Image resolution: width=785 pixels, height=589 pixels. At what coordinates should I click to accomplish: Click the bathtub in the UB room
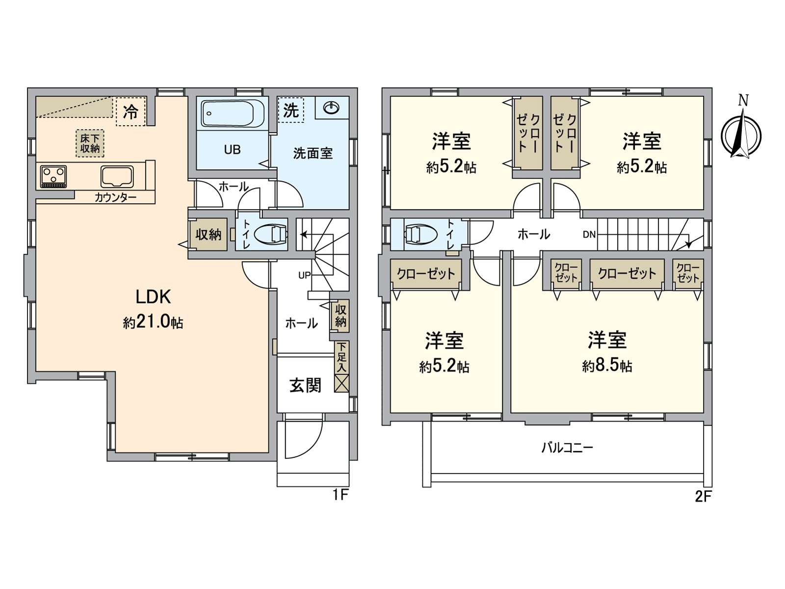pyautogui.click(x=233, y=114)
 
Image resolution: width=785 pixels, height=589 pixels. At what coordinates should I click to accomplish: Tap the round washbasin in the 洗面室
pyautogui.click(x=332, y=107)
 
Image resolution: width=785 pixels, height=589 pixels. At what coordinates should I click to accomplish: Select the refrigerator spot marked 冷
pyautogui.click(x=131, y=111)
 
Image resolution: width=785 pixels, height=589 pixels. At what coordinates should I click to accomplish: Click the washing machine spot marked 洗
pyautogui.click(x=291, y=110)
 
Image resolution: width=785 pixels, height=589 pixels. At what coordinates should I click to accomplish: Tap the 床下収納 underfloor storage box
pyautogui.click(x=90, y=143)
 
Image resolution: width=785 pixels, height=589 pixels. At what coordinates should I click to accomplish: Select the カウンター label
pyautogui.click(x=115, y=198)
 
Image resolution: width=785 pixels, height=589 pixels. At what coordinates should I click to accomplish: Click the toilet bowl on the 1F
pyautogui.click(x=270, y=235)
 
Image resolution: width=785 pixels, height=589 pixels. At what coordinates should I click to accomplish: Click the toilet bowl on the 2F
pyautogui.click(x=420, y=234)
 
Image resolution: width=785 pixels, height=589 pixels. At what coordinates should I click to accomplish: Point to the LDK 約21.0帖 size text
pyautogui.click(x=153, y=322)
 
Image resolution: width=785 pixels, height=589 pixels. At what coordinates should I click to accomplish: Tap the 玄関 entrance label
pyautogui.click(x=305, y=385)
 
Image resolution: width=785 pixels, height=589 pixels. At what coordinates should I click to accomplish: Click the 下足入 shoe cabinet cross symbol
pyautogui.click(x=341, y=383)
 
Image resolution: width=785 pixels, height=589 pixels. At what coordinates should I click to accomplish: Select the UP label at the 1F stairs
pyautogui.click(x=304, y=275)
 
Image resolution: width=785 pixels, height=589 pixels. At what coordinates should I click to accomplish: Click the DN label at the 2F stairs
pyautogui.click(x=589, y=235)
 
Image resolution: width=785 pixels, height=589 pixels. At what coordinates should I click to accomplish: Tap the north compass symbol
pyautogui.click(x=741, y=134)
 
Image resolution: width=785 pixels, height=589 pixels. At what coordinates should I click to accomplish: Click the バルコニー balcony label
pyautogui.click(x=567, y=448)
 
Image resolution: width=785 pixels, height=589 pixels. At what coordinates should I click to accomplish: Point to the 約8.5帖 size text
pyautogui.click(x=607, y=366)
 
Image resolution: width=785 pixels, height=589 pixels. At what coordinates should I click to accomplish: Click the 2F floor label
pyautogui.click(x=703, y=497)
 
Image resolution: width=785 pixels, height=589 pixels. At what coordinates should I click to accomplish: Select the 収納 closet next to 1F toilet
pyautogui.click(x=208, y=235)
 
